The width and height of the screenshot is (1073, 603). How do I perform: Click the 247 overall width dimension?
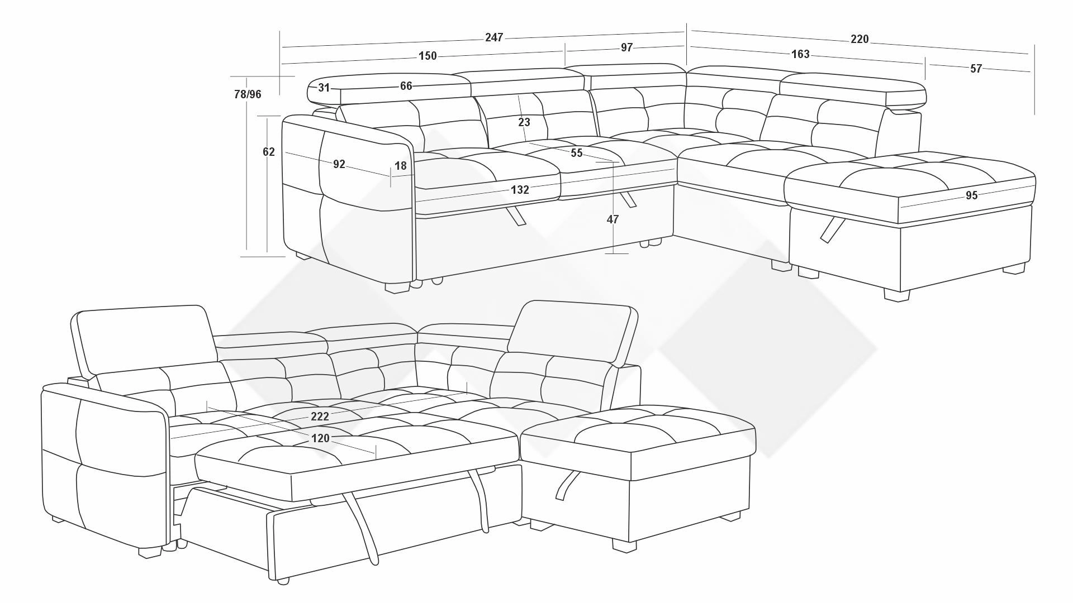(x=494, y=37)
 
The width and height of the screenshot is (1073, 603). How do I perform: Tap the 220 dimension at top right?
(x=860, y=39)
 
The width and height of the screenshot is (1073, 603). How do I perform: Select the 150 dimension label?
(x=428, y=56)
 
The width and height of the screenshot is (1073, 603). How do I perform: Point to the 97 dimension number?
(x=626, y=47)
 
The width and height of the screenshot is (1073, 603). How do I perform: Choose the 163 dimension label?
(x=800, y=54)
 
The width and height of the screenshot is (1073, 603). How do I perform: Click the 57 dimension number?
(x=976, y=69)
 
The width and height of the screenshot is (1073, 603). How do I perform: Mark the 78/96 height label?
(x=248, y=94)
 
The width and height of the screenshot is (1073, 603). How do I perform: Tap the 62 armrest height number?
(x=269, y=152)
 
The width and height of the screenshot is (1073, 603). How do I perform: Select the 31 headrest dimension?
(x=324, y=88)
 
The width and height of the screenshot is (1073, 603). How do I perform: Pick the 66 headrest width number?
(x=406, y=86)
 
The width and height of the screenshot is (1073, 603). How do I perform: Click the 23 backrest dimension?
(x=524, y=122)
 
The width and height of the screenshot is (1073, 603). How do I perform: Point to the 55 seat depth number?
(x=577, y=153)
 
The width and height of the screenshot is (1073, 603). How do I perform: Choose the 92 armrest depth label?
(x=339, y=164)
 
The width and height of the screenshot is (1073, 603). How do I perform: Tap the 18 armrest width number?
(x=401, y=166)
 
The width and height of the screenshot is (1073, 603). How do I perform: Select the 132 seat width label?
(x=520, y=190)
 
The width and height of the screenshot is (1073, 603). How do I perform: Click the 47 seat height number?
(x=613, y=219)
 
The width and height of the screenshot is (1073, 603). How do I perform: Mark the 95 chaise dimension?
(x=971, y=195)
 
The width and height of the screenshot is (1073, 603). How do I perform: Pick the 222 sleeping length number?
(x=320, y=417)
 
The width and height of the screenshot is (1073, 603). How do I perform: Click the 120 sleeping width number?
(x=320, y=438)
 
